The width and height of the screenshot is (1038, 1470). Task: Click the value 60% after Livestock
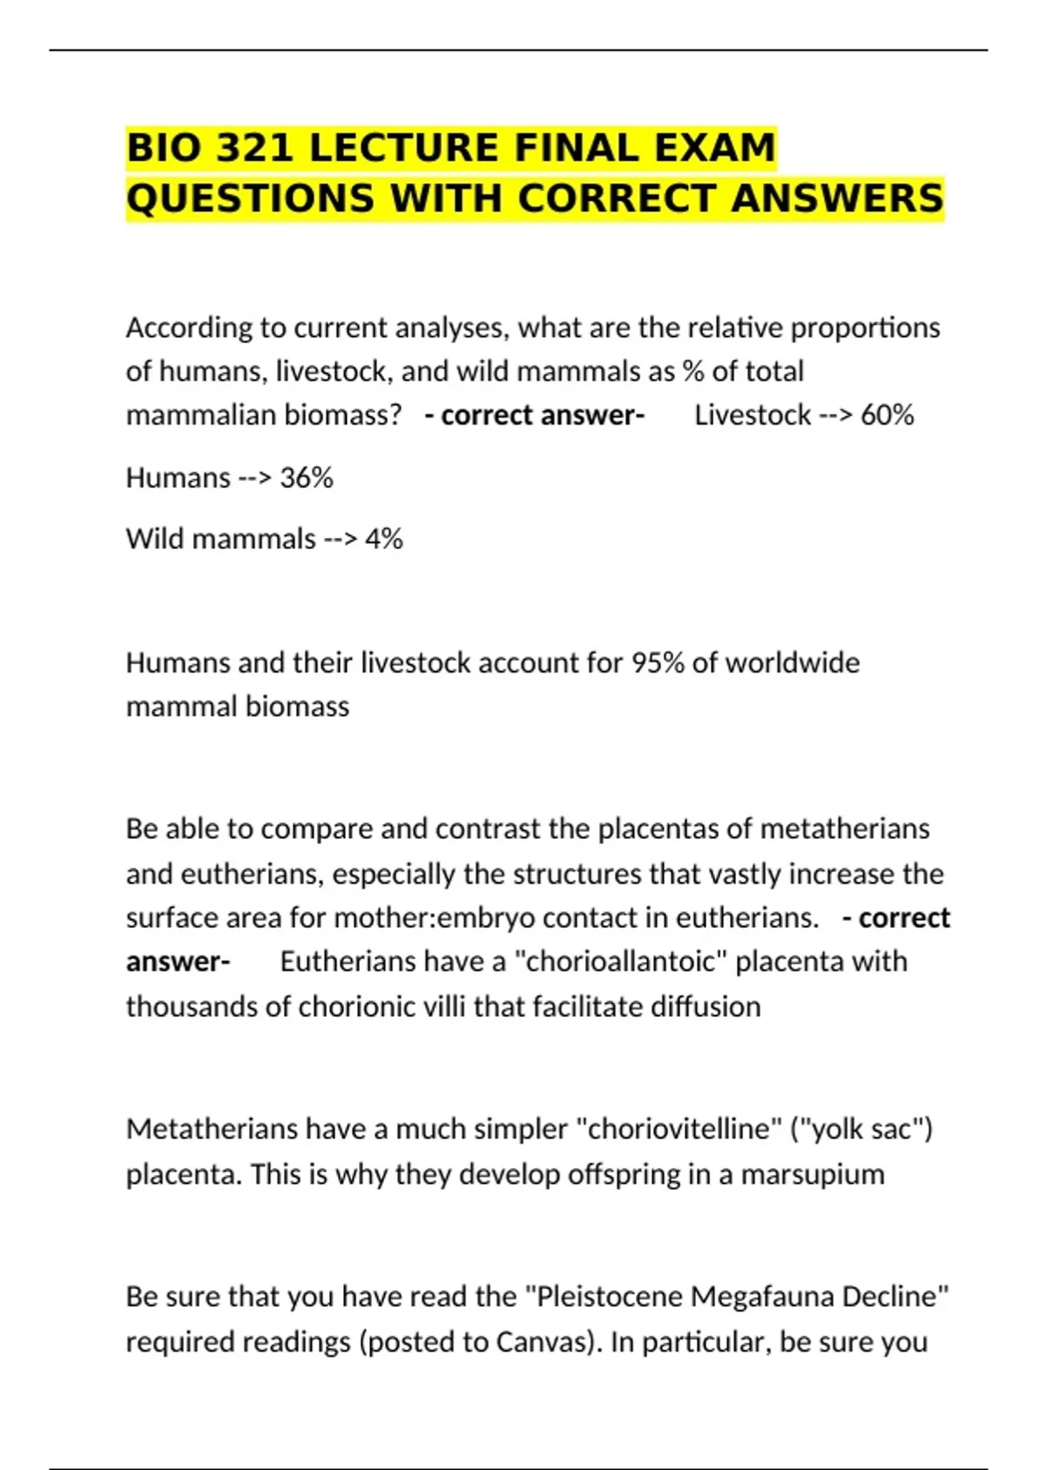pyautogui.click(x=887, y=415)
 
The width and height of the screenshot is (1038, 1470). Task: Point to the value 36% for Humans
pyautogui.click(x=306, y=477)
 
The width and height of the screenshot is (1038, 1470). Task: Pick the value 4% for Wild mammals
pyautogui.click(x=383, y=539)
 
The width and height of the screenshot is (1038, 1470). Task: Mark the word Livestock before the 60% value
pyautogui.click(x=752, y=415)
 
